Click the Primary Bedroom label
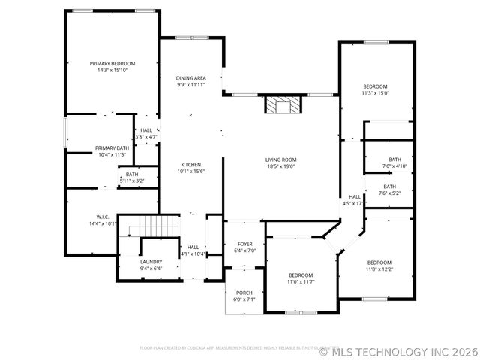coord(112,64)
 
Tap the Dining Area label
coord(191,78)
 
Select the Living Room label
coord(280,160)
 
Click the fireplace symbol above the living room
coord(282,105)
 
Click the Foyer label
coord(245,244)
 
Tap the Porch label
coord(244,292)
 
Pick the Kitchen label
coord(191,165)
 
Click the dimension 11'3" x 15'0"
coord(375,94)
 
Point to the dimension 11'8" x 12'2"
coord(379,268)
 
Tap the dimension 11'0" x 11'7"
coord(301,282)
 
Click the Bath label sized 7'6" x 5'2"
coord(390,187)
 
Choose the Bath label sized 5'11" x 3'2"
coord(131,175)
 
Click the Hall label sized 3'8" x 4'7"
coord(146,130)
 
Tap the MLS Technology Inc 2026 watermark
coord(398,350)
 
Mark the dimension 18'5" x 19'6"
coord(280,166)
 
